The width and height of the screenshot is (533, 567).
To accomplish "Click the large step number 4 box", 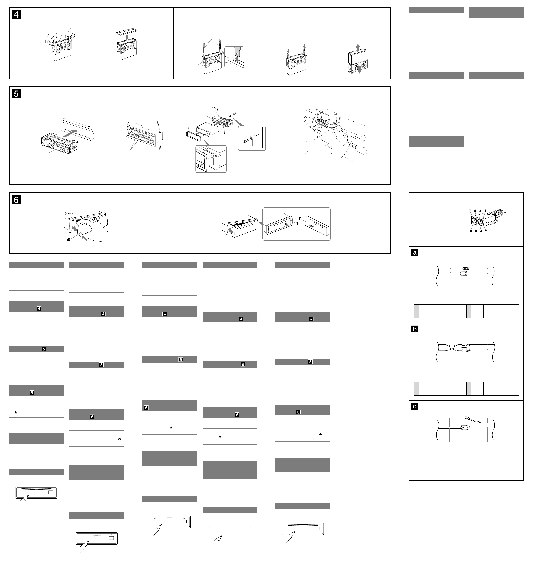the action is [16, 15].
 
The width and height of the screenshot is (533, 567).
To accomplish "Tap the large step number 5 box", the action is [16, 94].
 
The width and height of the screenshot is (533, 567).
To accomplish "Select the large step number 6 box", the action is [16, 200].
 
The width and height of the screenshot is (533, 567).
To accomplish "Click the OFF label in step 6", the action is [69, 213].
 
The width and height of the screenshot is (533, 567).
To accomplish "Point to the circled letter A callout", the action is [299, 218].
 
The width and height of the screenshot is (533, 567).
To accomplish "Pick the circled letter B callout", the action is [297, 224].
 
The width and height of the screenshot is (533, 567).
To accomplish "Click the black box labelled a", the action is [415, 253].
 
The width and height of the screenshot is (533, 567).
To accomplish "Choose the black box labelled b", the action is [415, 329].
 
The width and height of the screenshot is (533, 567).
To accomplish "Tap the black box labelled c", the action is [415, 406].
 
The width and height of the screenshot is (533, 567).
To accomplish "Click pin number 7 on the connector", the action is [470, 211].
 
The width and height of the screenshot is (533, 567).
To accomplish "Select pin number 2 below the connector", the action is [486, 231].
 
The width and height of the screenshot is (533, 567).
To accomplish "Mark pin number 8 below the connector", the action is [471, 231].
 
